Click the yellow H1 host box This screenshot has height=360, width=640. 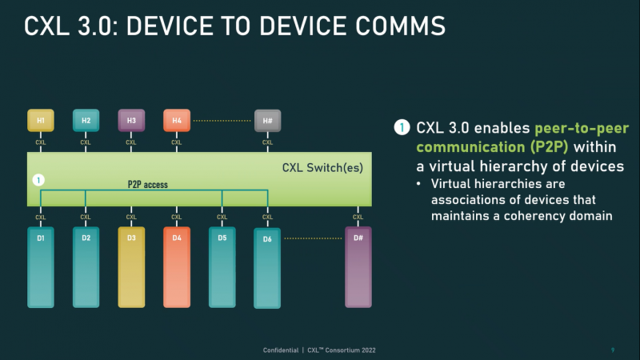coord(41,121)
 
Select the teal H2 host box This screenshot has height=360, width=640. coord(86,121)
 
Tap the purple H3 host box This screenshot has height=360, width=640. coord(131,121)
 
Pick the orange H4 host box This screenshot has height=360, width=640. coord(177,121)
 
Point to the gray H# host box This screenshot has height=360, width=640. coord(267,121)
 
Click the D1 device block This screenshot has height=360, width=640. coord(41,267)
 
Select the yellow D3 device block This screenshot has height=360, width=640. coord(131,267)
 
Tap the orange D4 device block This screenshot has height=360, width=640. coord(177,267)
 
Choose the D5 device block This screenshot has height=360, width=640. coord(222,267)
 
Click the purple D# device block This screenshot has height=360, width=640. coord(358,267)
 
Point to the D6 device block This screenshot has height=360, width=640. coord(267,268)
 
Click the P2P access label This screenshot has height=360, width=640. coord(148,185)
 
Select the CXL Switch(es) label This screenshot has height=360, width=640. coord(322,168)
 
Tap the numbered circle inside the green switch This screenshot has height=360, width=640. coord(38,180)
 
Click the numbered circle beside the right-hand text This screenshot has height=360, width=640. coord(402,127)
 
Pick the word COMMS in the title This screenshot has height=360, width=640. coord(400,26)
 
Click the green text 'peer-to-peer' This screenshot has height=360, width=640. coord(582,128)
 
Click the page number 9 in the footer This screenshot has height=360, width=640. coord(613,350)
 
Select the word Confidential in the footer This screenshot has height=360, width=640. coord(281,350)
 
